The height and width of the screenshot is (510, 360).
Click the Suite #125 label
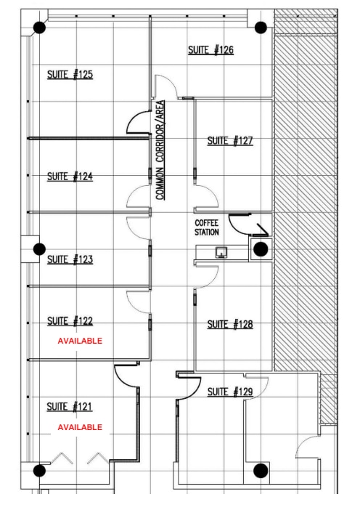70,74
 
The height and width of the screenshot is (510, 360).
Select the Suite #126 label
210,50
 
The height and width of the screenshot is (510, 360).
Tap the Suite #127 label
230,141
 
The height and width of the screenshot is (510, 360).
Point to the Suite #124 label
70,177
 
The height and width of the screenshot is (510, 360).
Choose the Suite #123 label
70,259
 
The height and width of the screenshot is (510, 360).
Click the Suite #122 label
70,321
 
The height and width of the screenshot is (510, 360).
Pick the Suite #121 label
70,406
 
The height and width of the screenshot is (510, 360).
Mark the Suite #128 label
230,325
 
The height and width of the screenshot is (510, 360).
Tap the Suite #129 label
230,392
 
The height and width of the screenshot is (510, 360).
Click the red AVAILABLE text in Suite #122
80,341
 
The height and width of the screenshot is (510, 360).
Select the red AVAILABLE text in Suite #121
80,427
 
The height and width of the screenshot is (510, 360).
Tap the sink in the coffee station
221,251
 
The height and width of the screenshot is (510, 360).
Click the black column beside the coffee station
261,249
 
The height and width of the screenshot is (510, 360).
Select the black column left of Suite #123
39,249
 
